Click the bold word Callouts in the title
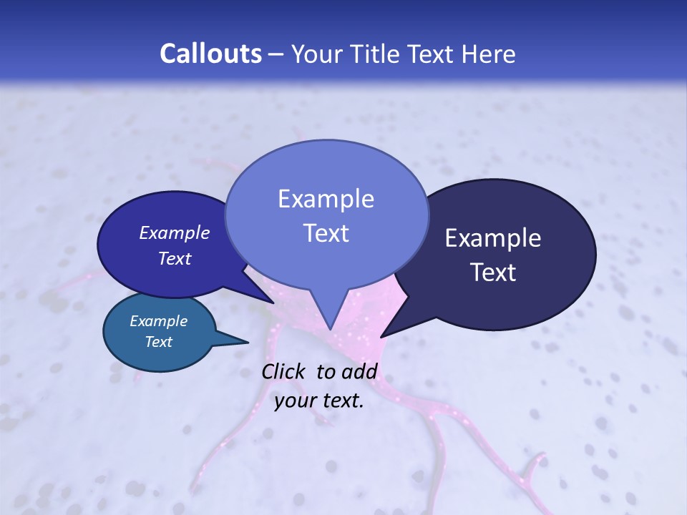coord(210,54)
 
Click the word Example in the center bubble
coord(326,199)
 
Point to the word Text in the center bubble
coord(326,233)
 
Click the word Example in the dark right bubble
coord(492,238)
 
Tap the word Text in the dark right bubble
coord(492,273)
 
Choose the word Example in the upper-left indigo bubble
coord(174,232)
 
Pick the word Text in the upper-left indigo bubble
coord(174,258)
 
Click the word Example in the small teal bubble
coord(158,321)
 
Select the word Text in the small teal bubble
coord(158,342)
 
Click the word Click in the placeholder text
coord(284,371)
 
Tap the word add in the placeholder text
coord(359,371)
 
